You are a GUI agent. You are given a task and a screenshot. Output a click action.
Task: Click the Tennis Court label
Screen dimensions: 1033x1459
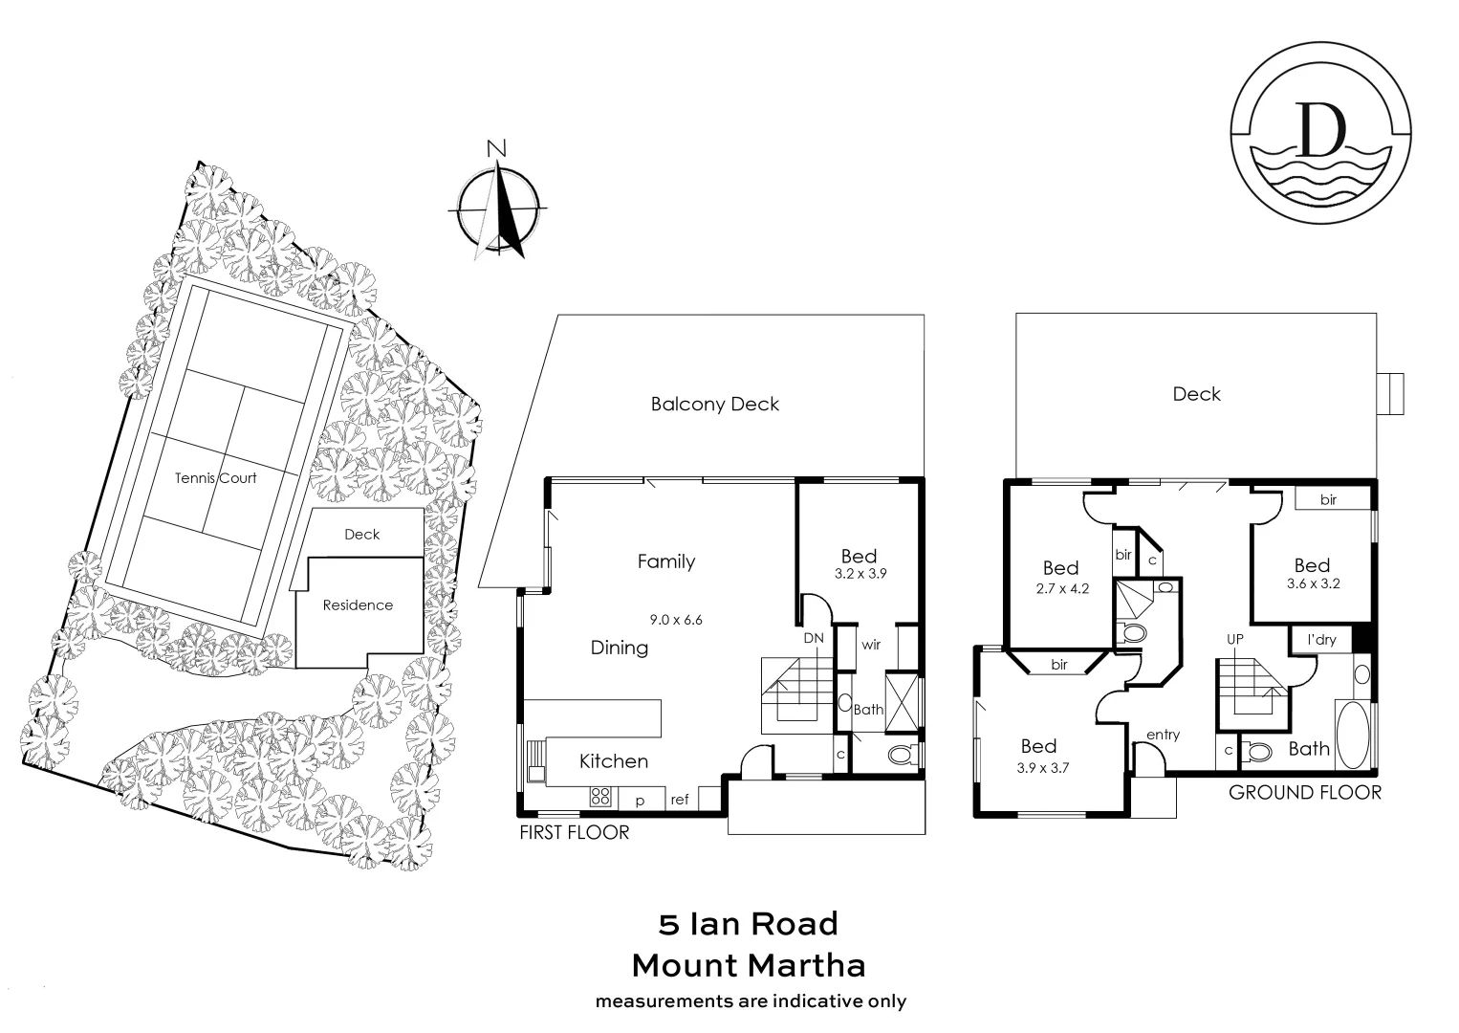[x=215, y=478]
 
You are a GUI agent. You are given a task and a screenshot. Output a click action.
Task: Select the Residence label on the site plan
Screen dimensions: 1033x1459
[x=358, y=605]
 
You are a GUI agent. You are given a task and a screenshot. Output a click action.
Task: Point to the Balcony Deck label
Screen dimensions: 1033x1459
[x=714, y=405]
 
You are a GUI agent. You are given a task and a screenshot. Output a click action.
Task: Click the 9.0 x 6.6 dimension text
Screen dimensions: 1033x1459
[x=676, y=620]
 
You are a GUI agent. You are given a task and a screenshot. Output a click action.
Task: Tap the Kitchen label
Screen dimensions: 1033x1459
[x=614, y=761]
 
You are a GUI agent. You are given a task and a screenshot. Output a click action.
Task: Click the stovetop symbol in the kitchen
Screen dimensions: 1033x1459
[x=600, y=796]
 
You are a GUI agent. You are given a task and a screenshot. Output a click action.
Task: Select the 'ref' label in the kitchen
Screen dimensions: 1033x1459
[x=679, y=801]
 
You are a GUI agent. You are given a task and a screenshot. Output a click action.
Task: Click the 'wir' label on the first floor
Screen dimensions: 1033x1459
[x=871, y=645]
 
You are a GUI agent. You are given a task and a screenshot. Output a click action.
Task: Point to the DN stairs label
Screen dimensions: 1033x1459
[x=813, y=638]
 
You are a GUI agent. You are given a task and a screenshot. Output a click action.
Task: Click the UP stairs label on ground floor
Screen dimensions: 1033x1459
[x=1235, y=639]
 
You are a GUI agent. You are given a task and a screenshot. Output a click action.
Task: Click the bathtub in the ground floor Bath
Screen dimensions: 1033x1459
[x=1353, y=735]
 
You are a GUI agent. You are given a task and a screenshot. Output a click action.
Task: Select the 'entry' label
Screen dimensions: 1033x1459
[x=1163, y=735]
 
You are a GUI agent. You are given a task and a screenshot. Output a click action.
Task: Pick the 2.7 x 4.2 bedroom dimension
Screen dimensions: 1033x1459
[x=1061, y=589]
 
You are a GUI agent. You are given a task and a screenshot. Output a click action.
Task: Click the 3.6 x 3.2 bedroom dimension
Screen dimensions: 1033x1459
[x=1313, y=583]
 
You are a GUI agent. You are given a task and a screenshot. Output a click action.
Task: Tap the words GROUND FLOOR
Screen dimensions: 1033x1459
[x=1304, y=793]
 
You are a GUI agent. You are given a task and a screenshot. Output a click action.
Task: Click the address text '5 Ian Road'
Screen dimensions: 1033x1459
[x=748, y=924]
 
